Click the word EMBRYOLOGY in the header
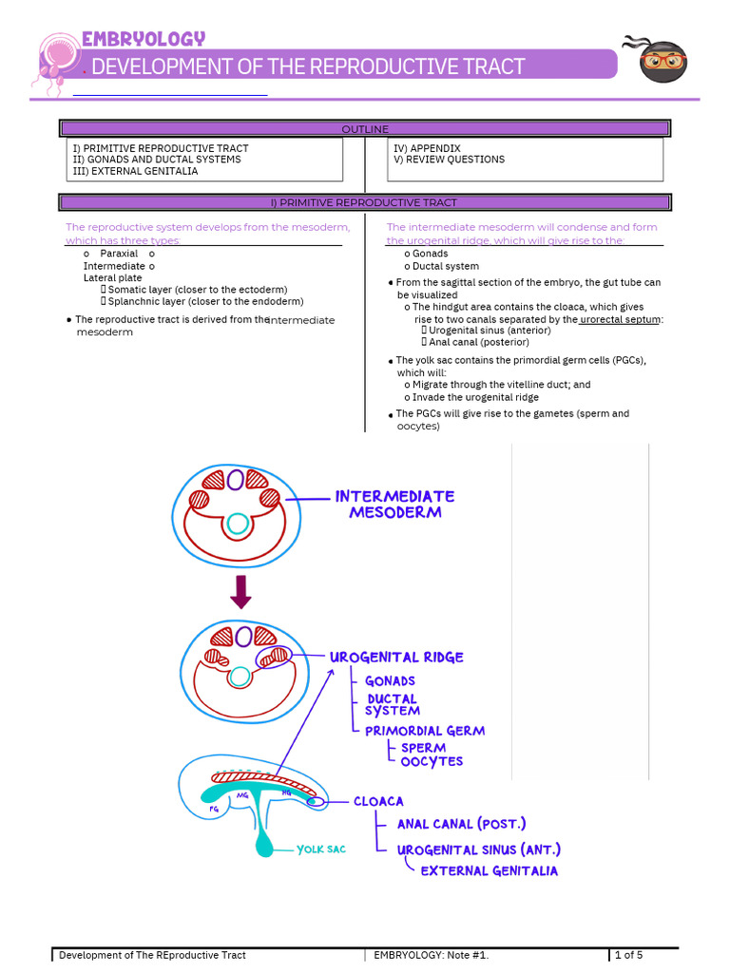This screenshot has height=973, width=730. click(x=143, y=39)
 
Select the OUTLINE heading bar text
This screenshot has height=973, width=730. click(x=365, y=129)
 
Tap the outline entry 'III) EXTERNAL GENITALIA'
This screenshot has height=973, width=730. click(x=135, y=171)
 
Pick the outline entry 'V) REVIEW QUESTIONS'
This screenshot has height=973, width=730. click(x=449, y=160)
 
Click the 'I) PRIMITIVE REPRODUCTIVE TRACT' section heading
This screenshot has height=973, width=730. click(x=365, y=202)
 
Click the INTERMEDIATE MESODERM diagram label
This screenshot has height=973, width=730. click(x=394, y=505)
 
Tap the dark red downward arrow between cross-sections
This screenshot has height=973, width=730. click(x=240, y=592)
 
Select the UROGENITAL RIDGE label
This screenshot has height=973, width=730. click(x=396, y=658)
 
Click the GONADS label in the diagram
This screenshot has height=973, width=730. click(x=390, y=681)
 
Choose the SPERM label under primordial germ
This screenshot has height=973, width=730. click(x=423, y=748)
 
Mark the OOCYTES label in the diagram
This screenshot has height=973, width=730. click(x=432, y=761)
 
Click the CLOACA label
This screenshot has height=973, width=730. click(x=378, y=801)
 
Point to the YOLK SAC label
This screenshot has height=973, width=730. click(x=321, y=849)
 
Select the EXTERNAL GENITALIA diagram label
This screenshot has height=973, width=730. click(x=490, y=870)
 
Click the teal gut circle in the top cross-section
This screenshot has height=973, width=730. click(x=238, y=524)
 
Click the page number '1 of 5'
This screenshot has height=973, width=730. click(x=628, y=955)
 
